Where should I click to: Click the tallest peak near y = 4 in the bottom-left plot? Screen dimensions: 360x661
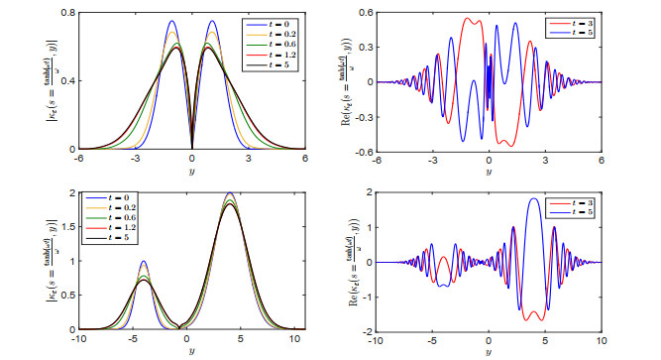click(x=231, y=193)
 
